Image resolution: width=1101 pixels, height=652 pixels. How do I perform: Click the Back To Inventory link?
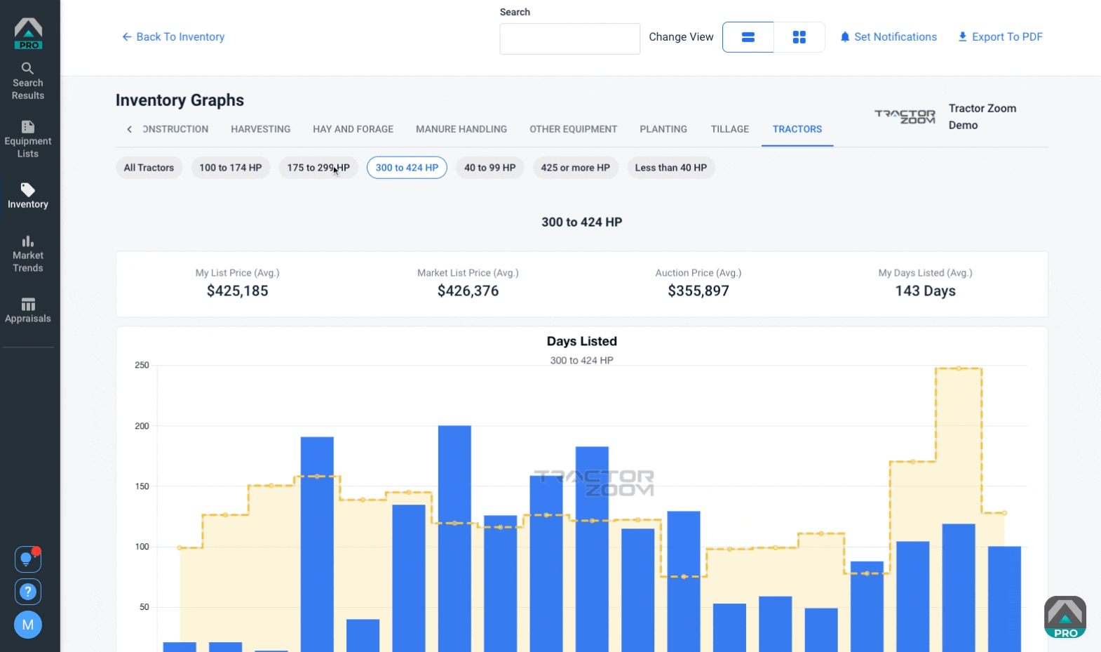[x=173, y=37]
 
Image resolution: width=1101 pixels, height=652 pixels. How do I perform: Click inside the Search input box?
[x=569, y=39]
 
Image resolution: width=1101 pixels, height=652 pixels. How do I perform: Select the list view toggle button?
[x=748, y=37]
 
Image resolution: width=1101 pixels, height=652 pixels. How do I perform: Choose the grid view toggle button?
[x=799, y=37]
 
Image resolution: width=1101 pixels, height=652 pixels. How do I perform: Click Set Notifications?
[x=889, y=37]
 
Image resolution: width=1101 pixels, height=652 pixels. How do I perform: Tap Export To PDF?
[x=1000, y=37]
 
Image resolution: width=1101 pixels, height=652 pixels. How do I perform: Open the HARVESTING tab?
[x=260, y=129]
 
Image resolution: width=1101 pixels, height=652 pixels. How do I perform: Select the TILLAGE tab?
[x=729, y=129]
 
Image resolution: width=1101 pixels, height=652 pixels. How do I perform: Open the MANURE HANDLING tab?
[x=461, y=129]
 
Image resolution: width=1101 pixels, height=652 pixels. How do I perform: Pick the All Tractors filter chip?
[x=149, y=168]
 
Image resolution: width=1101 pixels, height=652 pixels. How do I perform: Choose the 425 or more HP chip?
[x=575, y=168]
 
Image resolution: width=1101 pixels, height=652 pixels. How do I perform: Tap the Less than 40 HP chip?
[x=670, y=168]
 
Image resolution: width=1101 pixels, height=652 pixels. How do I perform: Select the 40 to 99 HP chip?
[x=489, y=168]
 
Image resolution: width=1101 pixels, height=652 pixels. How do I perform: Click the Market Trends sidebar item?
[x=27, y=254]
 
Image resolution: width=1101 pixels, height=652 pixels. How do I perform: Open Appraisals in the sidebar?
[x=27, y=310]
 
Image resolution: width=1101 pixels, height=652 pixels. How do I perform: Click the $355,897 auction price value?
[x=698, y=291]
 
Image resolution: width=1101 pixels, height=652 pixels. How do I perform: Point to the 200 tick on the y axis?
[x=142, y=426]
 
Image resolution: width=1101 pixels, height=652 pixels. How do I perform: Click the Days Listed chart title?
[x=581, y=341]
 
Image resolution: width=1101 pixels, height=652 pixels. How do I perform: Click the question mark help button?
[x=27, y=592]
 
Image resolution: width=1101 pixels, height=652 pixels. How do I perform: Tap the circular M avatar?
[x=27, y=625]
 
